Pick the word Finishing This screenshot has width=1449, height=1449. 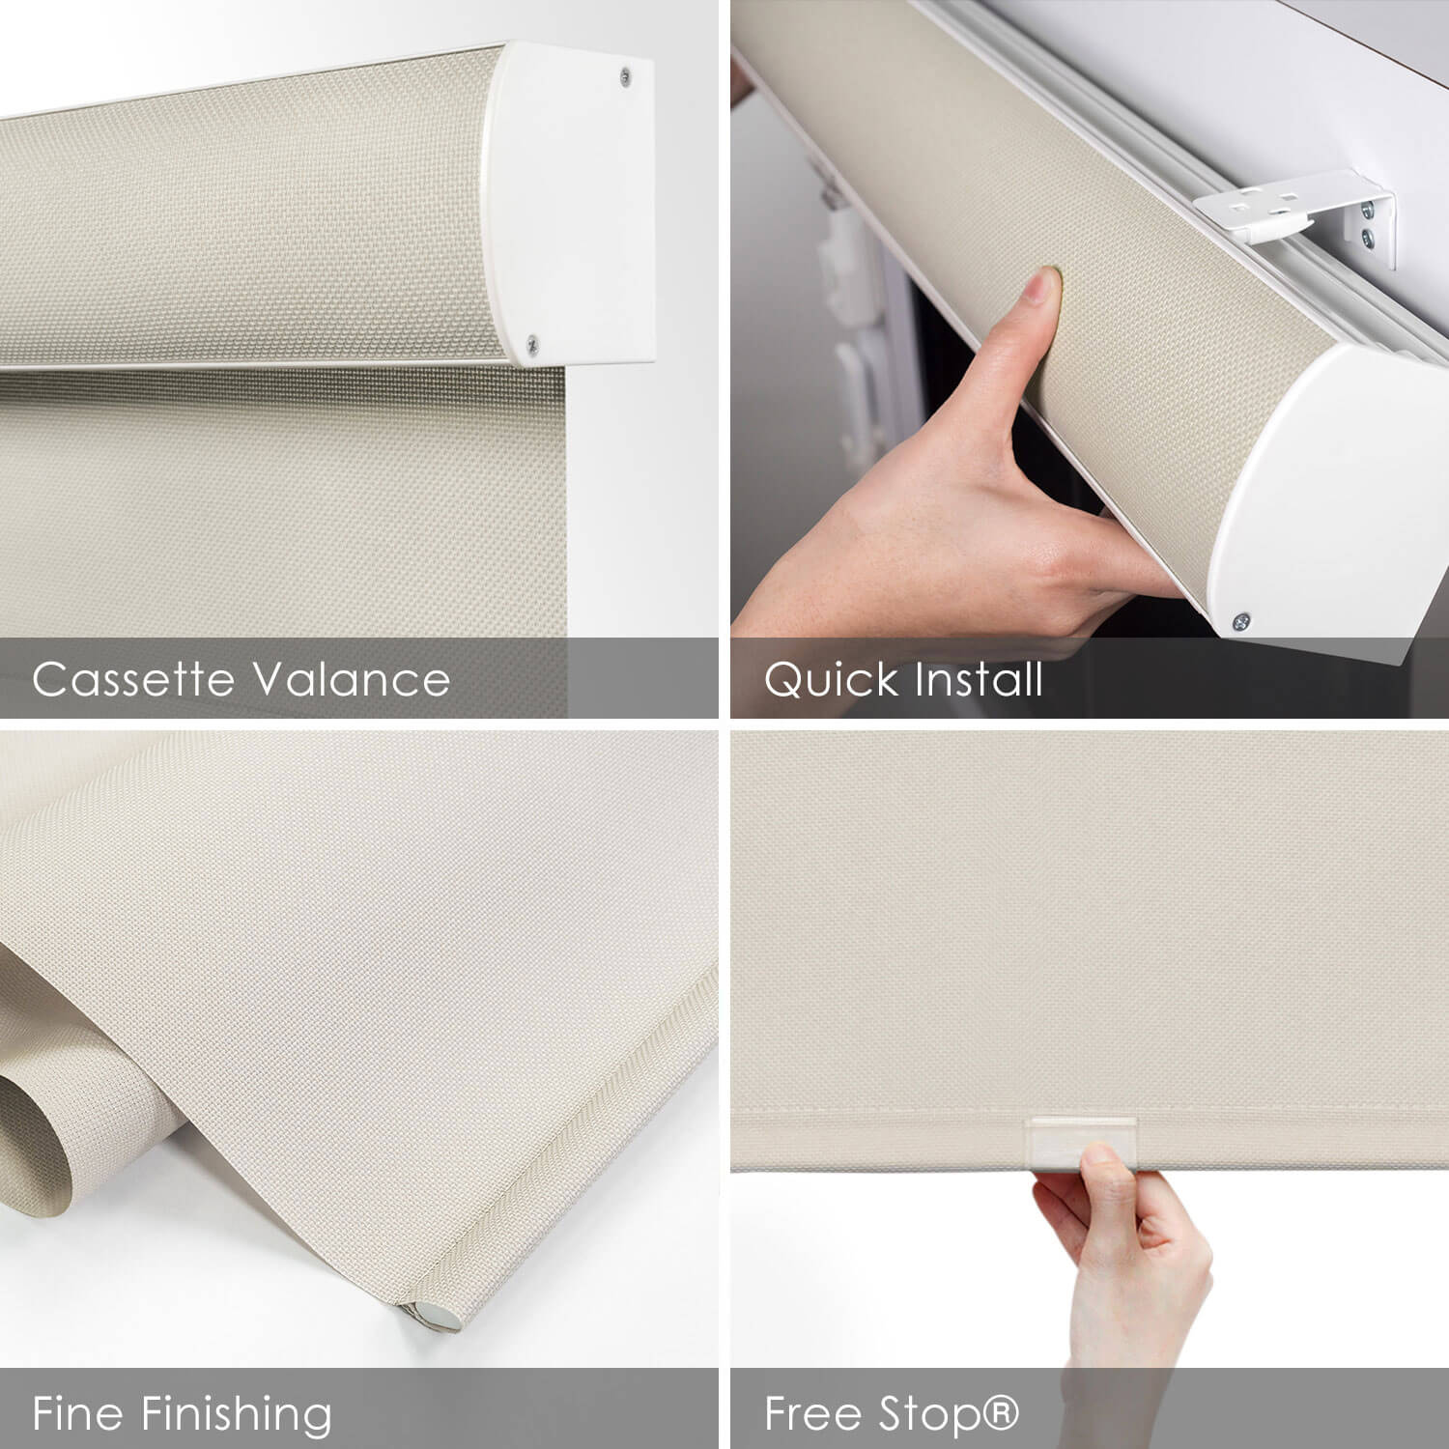[x=237, y=1415]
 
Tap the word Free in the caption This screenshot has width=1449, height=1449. [x=813, y=1413]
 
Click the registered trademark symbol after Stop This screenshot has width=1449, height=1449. [x=1001, y=1411]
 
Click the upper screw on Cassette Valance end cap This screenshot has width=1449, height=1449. [x=627, y=73]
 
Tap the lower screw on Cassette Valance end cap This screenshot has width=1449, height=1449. [x=532, y=341]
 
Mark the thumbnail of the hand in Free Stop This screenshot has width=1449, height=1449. [x=1098, y=1156]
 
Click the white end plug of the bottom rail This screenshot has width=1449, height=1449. [x=426, y=1313]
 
